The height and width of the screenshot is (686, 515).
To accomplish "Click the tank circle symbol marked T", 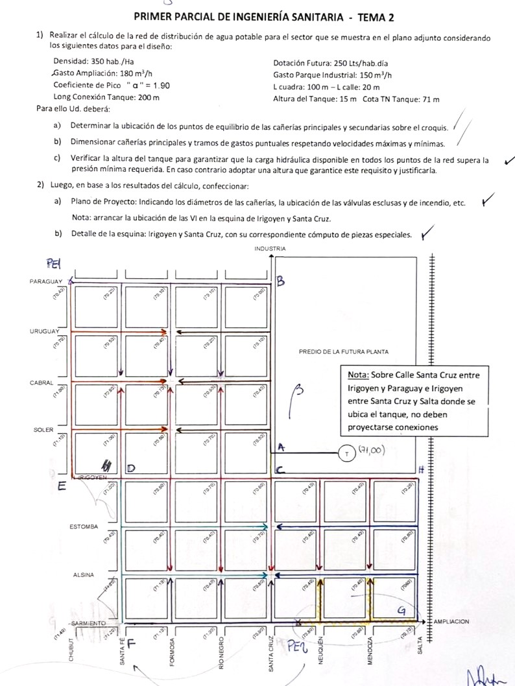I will point(347,453).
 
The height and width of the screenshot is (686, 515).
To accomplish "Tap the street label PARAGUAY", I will point(45,281).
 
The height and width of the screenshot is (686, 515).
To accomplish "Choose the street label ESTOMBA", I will point(84,526).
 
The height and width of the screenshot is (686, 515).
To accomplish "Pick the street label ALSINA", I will point(84,574).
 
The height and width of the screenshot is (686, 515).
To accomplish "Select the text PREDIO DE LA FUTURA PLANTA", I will point(344,352).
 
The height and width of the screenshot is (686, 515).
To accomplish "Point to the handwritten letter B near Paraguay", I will point(281,281).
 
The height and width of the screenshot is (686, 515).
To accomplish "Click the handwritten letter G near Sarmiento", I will point(402,609).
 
